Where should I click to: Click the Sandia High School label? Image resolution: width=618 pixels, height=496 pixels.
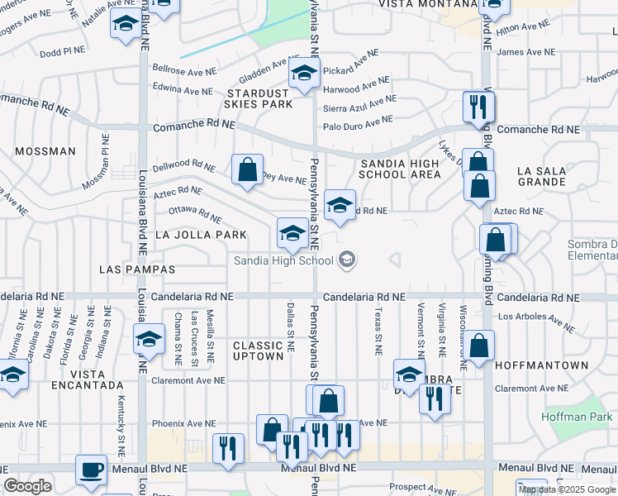pyautogui.click(x=283, y=261)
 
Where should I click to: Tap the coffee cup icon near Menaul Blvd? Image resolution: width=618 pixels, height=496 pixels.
pyautogui.click(x=92, y=470)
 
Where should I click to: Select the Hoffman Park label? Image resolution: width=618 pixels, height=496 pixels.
pyautogui.click(x=575, y=417)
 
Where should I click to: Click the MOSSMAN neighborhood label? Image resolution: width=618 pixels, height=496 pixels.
pyautogui.click(x=45, y=152)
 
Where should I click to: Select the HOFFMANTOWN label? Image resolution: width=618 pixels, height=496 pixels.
pyautogui.click(x=541, y=365)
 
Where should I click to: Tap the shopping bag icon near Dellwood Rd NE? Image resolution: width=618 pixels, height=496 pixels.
pyautogui.click(x=247, y=170)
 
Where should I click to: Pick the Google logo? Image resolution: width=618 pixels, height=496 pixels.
pyautogui.click(x=27, y=486)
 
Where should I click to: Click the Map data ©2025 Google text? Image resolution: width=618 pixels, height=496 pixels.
pyautogui.click(x=567, y=489)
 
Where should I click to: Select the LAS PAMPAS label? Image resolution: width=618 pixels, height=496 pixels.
pyautogui.click(x=136, y=269)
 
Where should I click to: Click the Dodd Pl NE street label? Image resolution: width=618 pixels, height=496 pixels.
pyautogui.click(x=62, y=50)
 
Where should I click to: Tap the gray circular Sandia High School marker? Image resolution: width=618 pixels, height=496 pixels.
pyautogui.click(x=347, y=261)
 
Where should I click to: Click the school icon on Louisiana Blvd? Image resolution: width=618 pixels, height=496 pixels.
pyautogui.click(x=149, y=340)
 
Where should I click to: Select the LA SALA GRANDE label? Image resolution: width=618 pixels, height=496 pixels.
pyautogui.click(x=540, y=176)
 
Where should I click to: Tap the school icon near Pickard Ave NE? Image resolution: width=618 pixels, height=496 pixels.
pyautogui.click(x=304, y=74)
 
